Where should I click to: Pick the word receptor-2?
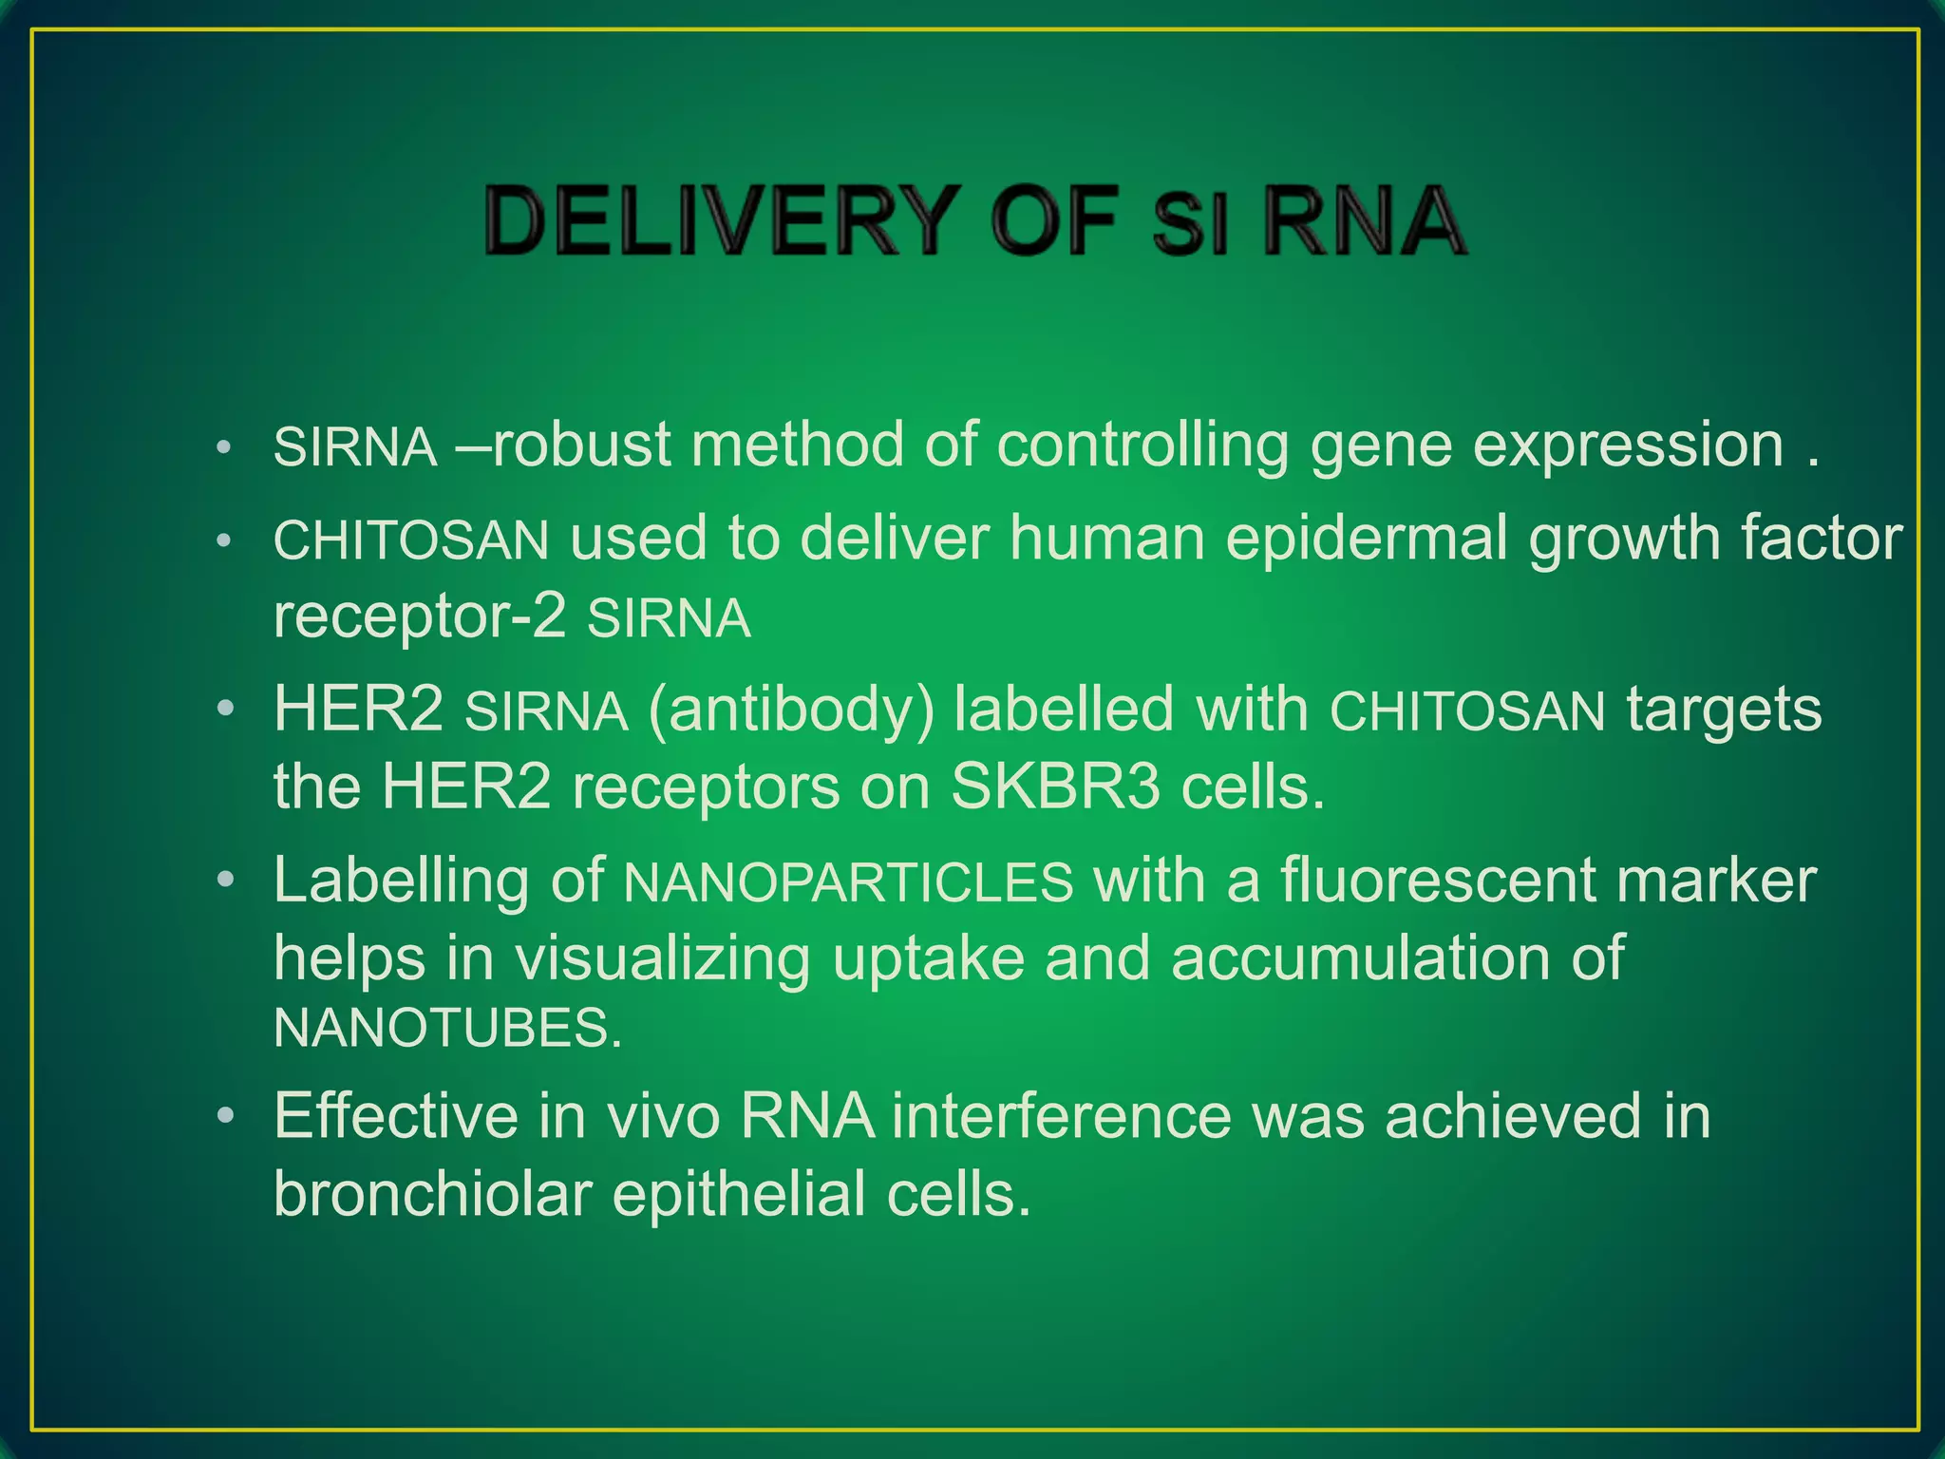[419, 616]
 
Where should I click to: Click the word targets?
[1724, 711]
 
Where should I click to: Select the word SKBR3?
[1054, 787]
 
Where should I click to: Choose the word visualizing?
[662, 957]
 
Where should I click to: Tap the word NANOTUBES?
[446, 1028]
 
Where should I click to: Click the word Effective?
[395, 1115]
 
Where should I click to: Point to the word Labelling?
[400, 881]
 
